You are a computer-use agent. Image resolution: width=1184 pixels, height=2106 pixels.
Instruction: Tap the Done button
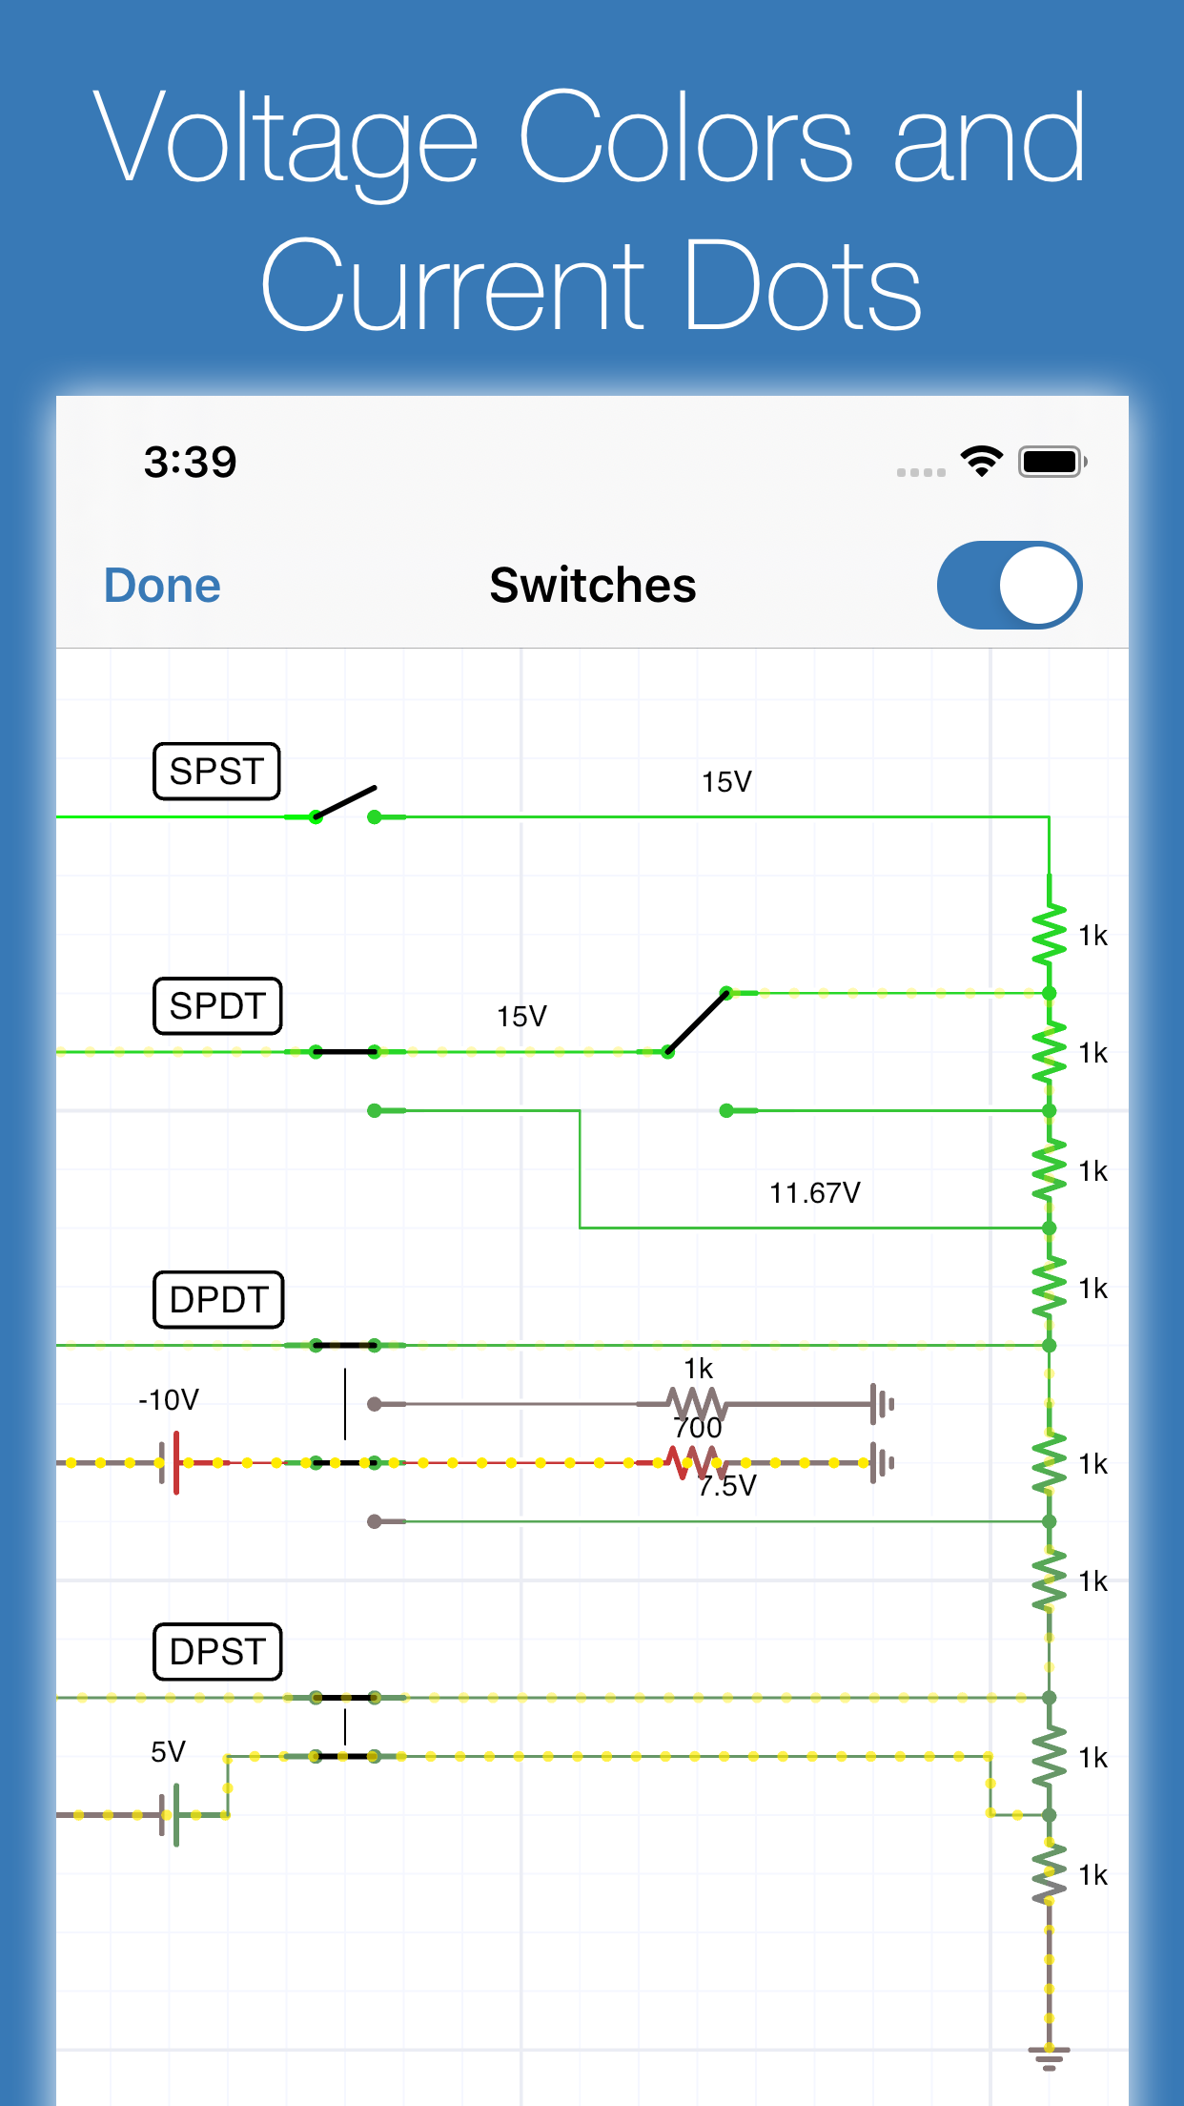(x=162, y=586)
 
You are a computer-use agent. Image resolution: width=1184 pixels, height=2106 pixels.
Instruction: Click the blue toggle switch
(x=1009, y=586)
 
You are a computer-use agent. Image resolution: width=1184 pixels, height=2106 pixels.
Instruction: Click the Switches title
(x=592, y=586)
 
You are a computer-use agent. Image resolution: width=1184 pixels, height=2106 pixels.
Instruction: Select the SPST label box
(x=216, y=771)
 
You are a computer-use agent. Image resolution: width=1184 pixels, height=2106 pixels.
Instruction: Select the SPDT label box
(x=217, y=1006)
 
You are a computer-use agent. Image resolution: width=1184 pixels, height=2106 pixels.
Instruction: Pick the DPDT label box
(x=218, y=1299)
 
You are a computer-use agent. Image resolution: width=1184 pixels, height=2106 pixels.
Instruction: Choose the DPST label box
(x=217, y=1651)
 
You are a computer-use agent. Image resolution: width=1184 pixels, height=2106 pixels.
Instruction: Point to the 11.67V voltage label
(x=814, y=1193)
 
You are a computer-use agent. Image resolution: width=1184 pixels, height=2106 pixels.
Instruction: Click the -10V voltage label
(x=169, y=1400)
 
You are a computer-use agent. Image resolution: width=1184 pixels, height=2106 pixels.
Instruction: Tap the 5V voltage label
(x=168, y=1752)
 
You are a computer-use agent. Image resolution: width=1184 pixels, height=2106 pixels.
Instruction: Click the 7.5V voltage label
(x=727, y=1486)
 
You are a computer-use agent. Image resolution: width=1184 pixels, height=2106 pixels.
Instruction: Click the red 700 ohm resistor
(x=694, y=1461)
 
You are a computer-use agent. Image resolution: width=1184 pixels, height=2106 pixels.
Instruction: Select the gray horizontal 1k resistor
(x=697, y=1404)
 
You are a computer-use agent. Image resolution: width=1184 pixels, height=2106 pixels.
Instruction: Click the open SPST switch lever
(x=345, y=802)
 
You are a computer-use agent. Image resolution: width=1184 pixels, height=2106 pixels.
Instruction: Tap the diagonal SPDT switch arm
(x=698, y=1022)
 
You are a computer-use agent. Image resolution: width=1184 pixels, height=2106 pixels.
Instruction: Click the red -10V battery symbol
(x=171, y=1462)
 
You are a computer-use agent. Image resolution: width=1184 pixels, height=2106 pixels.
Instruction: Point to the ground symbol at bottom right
(x=1049, y=2057)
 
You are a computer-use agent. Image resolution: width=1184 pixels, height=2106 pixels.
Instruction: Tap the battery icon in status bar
(x=1051, y=463)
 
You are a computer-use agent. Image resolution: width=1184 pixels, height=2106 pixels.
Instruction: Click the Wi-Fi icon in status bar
(x=981, y=462)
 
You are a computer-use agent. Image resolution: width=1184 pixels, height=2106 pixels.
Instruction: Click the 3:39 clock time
(x=190, y=463)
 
